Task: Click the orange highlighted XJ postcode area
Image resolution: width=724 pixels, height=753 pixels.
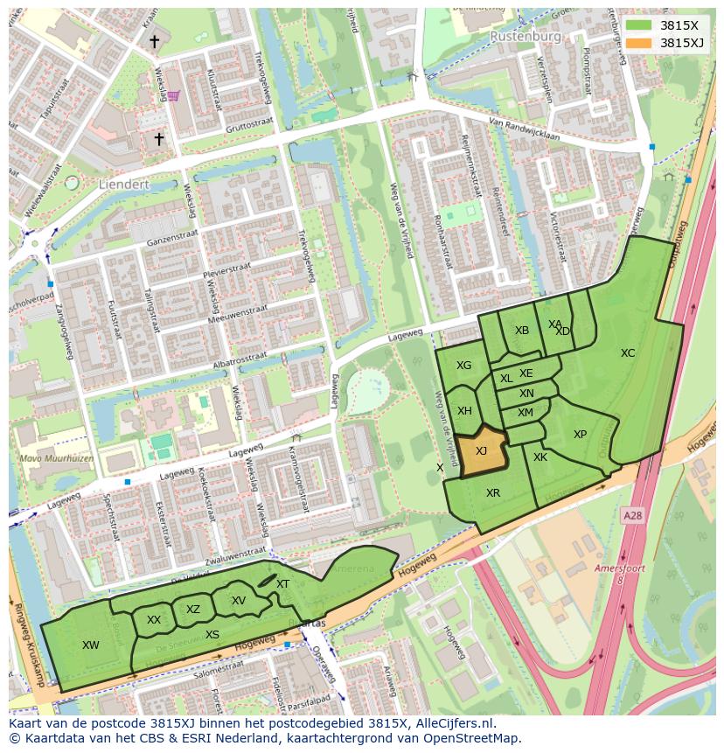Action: pyautogui.click(x=482, y=452)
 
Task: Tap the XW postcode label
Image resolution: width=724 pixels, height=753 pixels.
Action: pyautogui.click(x=90, y=645)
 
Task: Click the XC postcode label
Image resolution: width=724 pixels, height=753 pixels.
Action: pyautogui.click(x=627, y=353)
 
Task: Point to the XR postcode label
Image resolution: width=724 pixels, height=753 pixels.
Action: pyautogui.click(x=493, y=493)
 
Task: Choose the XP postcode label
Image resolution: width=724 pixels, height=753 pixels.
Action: pyautogui.click(x=580, y=435)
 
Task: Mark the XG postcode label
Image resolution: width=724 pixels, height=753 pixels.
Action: pyautogui.click(x=463, y=366)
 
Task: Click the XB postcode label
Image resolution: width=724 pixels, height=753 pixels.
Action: pyautogui.click(x=522, y=331)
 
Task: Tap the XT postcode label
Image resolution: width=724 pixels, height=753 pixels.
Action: pyautogui.click(x=282, y=584)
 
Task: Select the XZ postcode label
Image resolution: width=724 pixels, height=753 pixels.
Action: pyautogui.click(x=193, y=610)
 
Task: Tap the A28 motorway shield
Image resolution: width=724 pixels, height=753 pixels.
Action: pyautogui.click(x=632, y=517)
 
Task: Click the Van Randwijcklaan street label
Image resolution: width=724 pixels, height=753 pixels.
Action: pyautogui.click(x=523, y=129)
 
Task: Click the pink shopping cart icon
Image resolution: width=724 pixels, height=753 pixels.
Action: pyautogui.click(x=173, y=95)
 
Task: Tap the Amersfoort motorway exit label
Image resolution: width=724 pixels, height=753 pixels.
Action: pyautogui.click(x=619, y=568)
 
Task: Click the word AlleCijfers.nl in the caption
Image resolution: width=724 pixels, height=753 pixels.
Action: pyautogui.click(x=450, y=723)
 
